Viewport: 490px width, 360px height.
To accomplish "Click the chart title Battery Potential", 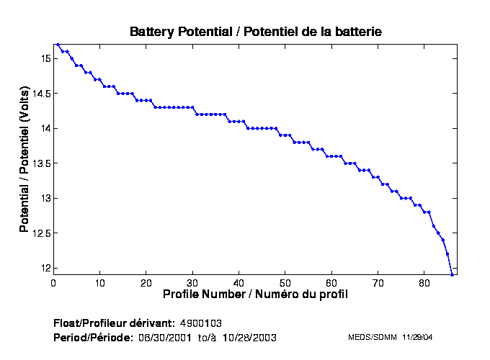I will pyautogui.click(x=255, y=32).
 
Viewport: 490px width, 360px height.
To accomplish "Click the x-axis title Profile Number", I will pyautogui.click(x=255, y=294).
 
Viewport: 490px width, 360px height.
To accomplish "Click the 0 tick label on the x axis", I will pyautogui.click(x=53, y=282).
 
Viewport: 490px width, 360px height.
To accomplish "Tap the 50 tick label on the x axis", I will pyautogui.click(x=285, y=282).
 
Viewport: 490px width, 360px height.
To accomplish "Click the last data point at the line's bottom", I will pyautogui.click(x=452, y=274).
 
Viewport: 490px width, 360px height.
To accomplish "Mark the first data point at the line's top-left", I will pyautogui.click(x=58, y=45).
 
